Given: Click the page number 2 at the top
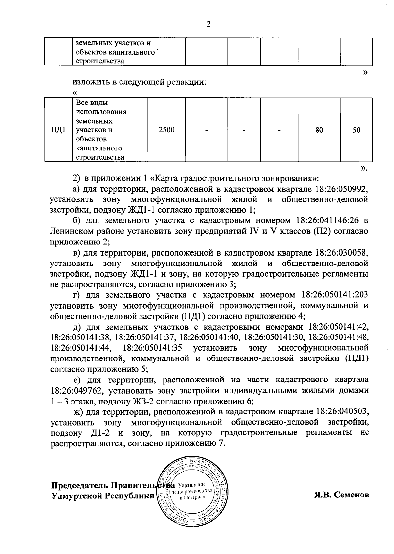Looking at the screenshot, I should (208, 24).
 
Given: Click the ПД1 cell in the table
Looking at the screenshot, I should (58, 130).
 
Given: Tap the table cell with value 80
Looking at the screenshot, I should (319, 130).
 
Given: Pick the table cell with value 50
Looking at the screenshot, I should (356, 130).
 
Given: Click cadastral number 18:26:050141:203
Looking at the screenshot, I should (332, 295).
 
